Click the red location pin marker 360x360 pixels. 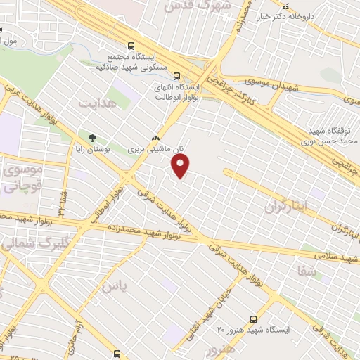(x=181, y=167)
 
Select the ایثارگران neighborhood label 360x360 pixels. (x=287, y=208)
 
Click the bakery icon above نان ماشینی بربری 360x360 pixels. (x=156, y=139)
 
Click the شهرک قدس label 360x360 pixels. (x=189, y=6)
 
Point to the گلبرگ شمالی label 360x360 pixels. (x=18, y=244)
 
